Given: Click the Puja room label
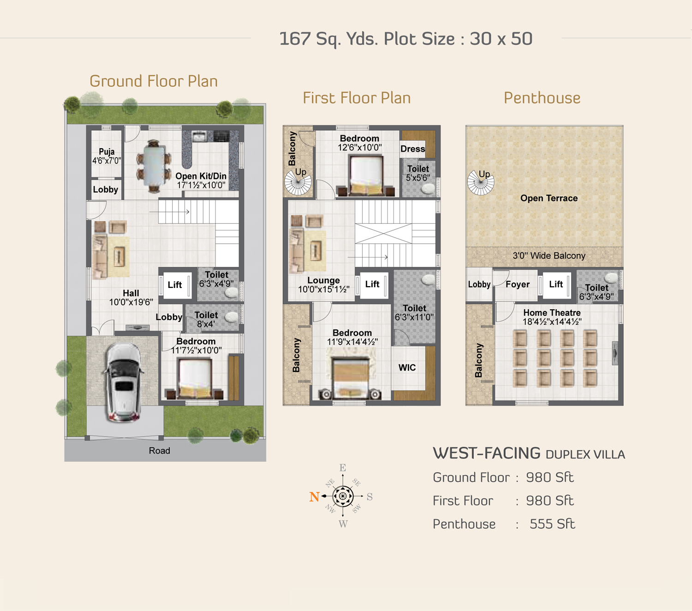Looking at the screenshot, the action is [107, 152].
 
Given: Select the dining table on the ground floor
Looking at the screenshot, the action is [154, 166].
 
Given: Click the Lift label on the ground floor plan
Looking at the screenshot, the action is [174, 285].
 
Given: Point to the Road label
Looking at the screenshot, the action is [160, 450].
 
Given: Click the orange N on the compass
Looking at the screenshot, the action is [314, 497].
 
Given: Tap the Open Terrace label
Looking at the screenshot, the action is [549, 198].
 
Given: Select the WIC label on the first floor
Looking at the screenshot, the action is [407, 367].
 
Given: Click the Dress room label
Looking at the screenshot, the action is [412, 149].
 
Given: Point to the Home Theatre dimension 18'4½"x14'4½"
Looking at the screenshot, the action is [552, 321].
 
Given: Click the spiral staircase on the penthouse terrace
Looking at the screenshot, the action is [480, 182].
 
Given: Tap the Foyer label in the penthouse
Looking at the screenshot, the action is [518, 284].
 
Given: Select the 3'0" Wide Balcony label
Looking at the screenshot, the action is [549, 256].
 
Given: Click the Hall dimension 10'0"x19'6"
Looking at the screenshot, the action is [131, 302].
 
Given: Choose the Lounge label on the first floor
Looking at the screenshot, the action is [323, 280].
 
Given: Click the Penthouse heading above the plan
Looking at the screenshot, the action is [542, 98].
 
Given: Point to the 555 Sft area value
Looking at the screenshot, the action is [552, 524].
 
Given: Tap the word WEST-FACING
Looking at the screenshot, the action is [487, 453].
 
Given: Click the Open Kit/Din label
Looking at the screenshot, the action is [201, 176].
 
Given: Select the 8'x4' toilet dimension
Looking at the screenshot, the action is [206, 324].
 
